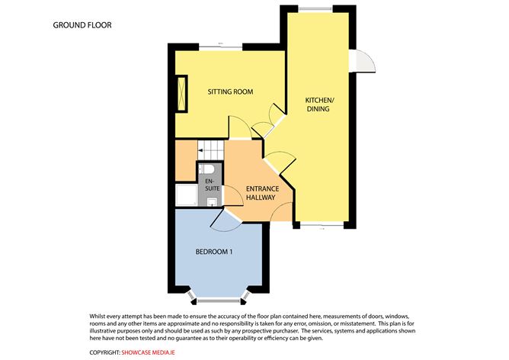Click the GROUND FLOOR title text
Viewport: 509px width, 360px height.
coord(82,25)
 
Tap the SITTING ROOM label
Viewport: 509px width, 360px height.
coord(230,92)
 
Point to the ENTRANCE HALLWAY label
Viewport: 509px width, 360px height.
coord(261,192)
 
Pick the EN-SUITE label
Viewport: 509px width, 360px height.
coord(208,183)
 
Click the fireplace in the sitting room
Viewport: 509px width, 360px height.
coord(181,93)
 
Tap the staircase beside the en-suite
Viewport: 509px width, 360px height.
coord(210,149)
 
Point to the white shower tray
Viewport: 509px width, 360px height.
coord(185,198)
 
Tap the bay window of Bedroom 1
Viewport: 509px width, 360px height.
coord(216,294)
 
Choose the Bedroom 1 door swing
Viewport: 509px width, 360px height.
coord(226,219)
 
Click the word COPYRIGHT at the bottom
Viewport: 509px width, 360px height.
coord(104,352)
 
